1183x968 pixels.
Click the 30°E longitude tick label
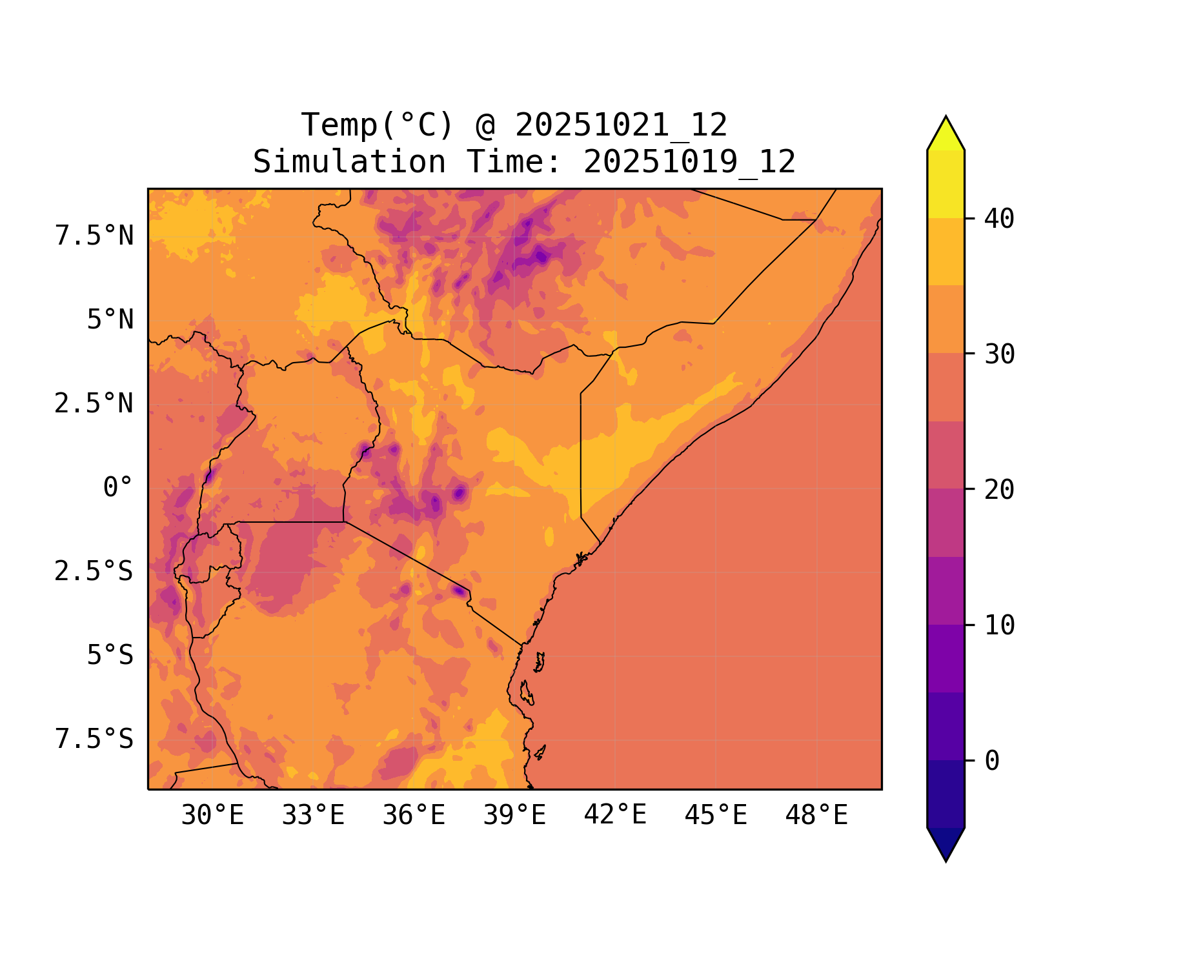coord(212,816)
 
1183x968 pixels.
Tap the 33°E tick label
coord(313,816)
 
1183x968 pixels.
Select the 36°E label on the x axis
coord(414,816)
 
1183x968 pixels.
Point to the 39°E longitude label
coord(514,816)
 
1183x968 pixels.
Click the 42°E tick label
coord(615,815)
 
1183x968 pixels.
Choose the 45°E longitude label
coord(716,816)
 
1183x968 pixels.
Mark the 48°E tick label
coord(816,816)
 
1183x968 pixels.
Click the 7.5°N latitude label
coord(94,236)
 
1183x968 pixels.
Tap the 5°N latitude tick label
coord(110,320)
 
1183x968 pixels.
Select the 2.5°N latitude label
coord(94,404)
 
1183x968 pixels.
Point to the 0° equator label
coord(118,488)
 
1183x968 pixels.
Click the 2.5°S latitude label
coord(94,572)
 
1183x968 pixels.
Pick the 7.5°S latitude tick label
coord(94,740)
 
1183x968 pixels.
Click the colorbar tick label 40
coord(999,219)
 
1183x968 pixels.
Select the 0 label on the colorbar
coord(992,761)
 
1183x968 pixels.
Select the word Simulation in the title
coord(349,162)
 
